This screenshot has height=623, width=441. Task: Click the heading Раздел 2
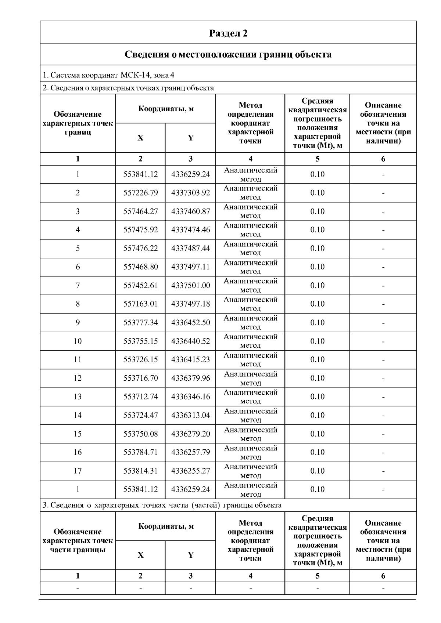click(228, 33)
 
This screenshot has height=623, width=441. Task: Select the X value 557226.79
click(140, 193)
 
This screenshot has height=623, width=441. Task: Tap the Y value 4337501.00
click(190, 286)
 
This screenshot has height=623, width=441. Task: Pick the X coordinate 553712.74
click(140, 397)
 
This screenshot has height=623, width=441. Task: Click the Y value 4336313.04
click(190, 415)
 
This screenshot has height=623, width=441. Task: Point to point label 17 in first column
click(78, 471)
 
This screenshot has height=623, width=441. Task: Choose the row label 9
click(78, 323)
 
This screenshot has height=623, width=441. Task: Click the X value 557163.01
click(140, 304)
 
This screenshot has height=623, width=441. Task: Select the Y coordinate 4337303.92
click(190, 193)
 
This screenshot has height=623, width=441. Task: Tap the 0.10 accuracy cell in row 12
click(317, 378)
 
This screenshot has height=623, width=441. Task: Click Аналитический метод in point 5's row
click(250, 248)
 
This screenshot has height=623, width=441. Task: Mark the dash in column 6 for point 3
click(383, 212)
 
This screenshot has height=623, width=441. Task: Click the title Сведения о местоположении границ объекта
click(228, 55)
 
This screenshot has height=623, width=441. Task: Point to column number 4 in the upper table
click(250, 159)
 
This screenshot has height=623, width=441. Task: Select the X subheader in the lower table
click(140, 555)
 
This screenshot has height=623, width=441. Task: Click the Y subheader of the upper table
click(190, 138)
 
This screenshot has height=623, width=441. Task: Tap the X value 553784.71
click(140, 452)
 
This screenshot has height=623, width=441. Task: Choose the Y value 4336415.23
click(190, 360)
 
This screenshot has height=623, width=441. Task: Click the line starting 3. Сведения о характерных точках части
click(162, 505)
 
